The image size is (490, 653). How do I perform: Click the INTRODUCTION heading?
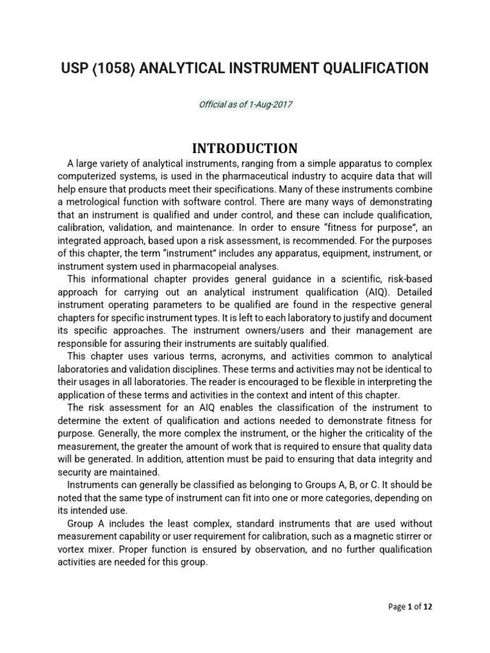[245, 149]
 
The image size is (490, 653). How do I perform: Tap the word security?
[79, 473]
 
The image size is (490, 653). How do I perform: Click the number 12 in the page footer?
[427, 607]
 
